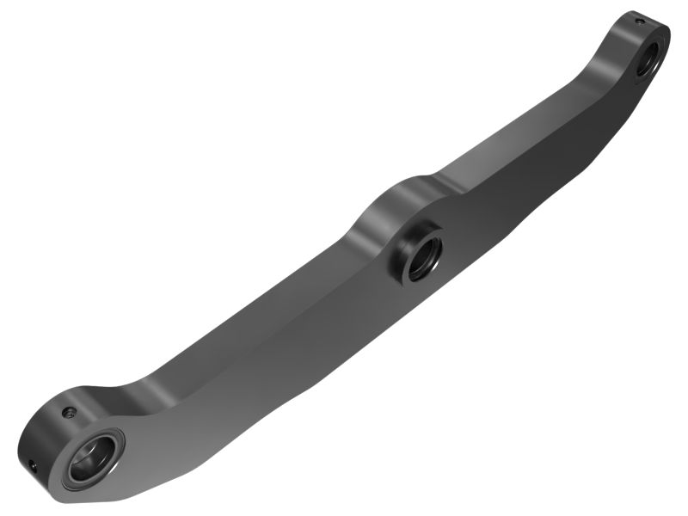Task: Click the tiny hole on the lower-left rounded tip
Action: (32, 464)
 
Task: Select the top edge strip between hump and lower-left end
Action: (258, 301)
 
